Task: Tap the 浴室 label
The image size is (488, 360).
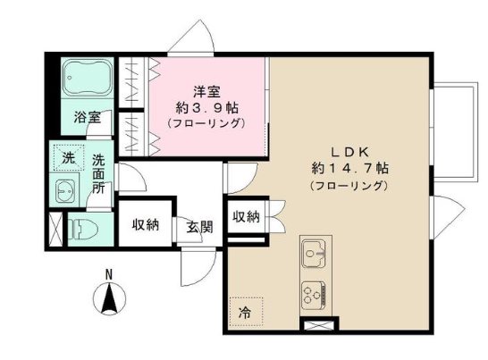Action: [86, 118]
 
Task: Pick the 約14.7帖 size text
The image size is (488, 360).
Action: [349, 168]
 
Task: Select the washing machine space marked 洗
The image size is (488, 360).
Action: [68, 158]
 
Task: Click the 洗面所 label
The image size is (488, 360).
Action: [99, 175]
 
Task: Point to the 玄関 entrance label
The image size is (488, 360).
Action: [199, 226]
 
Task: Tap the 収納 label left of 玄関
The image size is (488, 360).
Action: [147, 224]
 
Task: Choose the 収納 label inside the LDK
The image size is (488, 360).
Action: [247, 216]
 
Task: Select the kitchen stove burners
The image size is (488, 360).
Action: [314, 292]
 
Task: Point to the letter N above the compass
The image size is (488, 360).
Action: [107, 273]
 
